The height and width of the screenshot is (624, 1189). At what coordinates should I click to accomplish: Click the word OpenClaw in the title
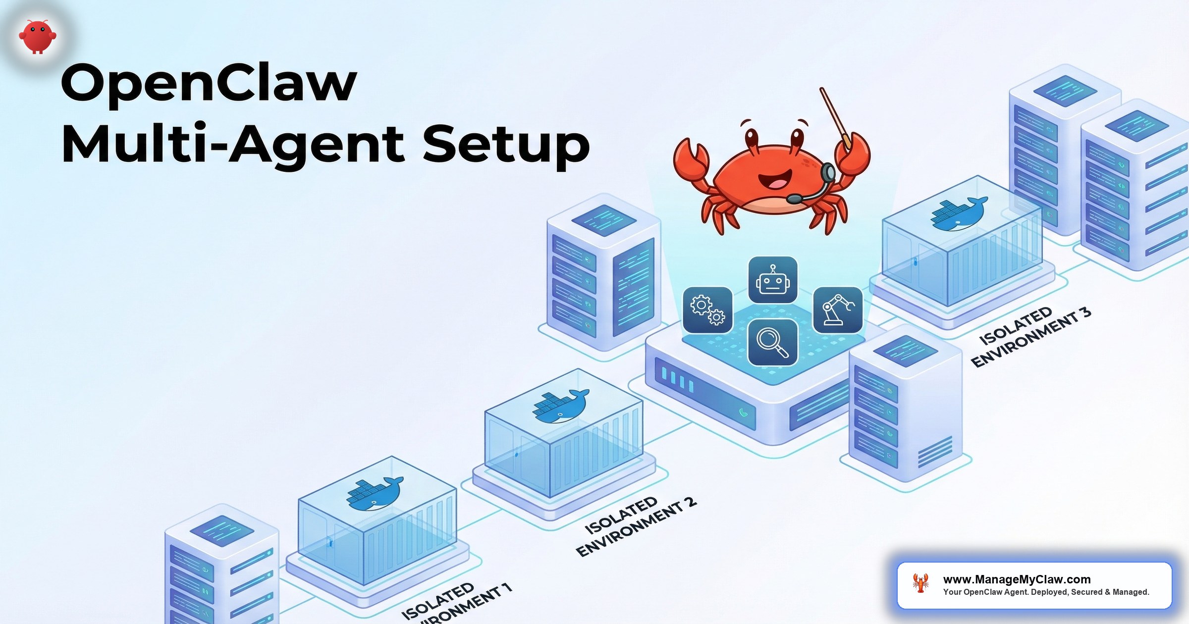208,83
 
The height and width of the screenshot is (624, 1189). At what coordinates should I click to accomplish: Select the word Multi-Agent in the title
233,145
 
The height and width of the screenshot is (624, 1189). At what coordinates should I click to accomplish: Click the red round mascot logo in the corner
38,36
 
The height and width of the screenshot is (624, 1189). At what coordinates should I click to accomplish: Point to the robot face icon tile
772,280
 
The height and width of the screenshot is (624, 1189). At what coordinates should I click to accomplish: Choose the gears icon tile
707,310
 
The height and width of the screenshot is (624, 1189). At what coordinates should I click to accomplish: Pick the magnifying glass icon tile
772,342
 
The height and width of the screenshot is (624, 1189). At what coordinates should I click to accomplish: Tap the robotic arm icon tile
838,310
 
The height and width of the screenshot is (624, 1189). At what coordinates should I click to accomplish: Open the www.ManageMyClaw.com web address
1017,579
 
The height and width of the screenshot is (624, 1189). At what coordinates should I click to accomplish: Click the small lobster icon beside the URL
920,583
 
